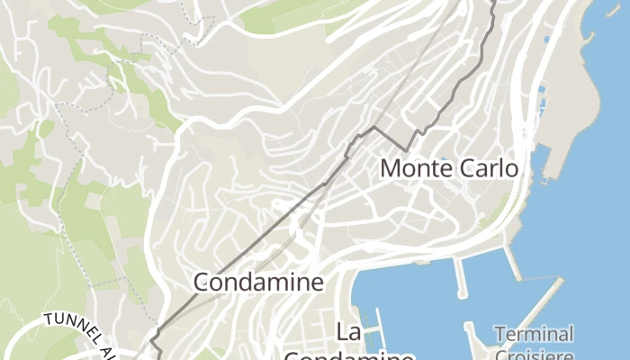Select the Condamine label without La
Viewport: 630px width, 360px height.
258,283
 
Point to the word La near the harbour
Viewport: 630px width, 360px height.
349,331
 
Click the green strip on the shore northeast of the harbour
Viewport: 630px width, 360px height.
493,216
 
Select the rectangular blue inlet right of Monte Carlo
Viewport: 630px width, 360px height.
540,162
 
